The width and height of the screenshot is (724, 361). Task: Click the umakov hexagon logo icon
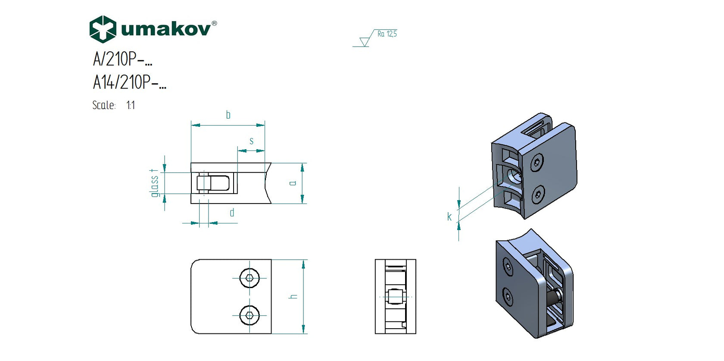[103, 29]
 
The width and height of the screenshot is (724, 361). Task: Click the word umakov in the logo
[166, 29]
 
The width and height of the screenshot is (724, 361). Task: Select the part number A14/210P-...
[129, 82]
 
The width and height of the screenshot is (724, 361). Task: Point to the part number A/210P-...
[122, 59]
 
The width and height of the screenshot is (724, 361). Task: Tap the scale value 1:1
[131, 105]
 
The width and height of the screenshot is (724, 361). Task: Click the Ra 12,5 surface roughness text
[387, 34]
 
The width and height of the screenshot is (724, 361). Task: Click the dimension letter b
[228, 115]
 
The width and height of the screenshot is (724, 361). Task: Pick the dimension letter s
[251, 141]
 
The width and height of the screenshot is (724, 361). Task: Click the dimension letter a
[293, 183]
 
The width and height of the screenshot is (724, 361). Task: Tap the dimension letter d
[232, 213]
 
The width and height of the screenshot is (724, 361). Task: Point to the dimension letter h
[293, 297]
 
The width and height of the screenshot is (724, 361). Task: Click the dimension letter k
[449, 217]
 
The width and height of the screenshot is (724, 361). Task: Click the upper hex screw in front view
[250, 278]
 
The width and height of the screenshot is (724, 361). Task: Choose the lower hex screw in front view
[250, 315]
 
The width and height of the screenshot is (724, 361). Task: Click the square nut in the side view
[395, 297]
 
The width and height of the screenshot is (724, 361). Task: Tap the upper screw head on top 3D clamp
[537, 163]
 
